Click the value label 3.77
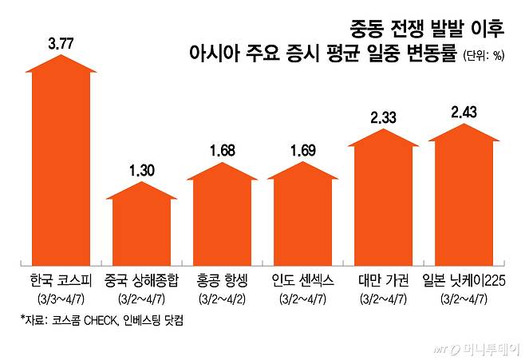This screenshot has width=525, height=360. [x=61, y=44]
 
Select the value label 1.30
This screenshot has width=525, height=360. [x=140, y=170]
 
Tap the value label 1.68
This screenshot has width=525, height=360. [x=221, y=149]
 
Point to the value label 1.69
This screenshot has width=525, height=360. [x=302, y=149]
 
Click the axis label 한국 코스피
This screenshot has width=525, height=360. [x=61, y=281]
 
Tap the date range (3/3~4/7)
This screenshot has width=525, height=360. [x=61, y=299]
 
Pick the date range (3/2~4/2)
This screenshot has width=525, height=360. [x=221, y=299]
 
